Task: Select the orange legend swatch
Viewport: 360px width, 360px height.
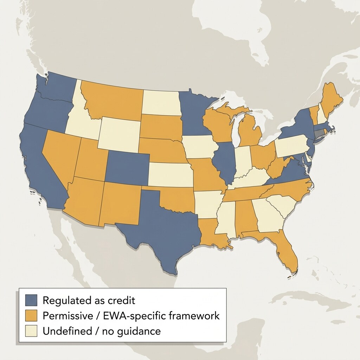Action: pos(31,316)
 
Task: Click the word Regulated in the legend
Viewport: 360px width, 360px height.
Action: pos(65,301)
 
